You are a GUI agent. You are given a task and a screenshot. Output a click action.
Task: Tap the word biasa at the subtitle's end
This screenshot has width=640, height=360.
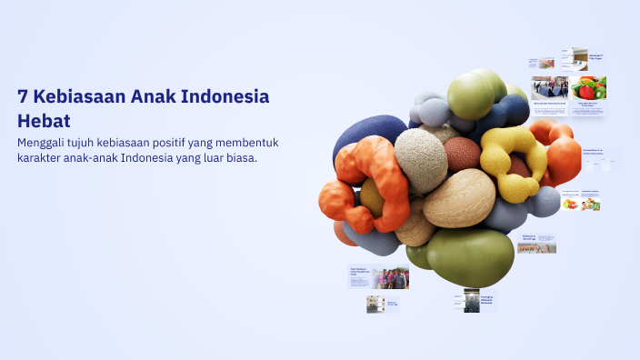pos(239,158)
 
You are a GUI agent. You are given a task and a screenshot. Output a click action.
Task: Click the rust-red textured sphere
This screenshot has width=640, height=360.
pos(463,154)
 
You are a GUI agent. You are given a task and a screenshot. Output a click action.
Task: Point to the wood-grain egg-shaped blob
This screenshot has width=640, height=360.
pos(460,198)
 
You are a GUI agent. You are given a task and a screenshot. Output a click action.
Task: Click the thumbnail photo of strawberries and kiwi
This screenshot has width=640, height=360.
pos(589,87)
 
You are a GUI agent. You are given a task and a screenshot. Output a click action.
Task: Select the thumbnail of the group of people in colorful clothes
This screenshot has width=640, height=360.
pos(391,278)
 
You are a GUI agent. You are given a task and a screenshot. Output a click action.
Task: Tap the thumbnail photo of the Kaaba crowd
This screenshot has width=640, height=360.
pos(471,301)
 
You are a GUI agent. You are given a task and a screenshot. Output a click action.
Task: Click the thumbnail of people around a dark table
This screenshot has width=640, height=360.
pos(550,87)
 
